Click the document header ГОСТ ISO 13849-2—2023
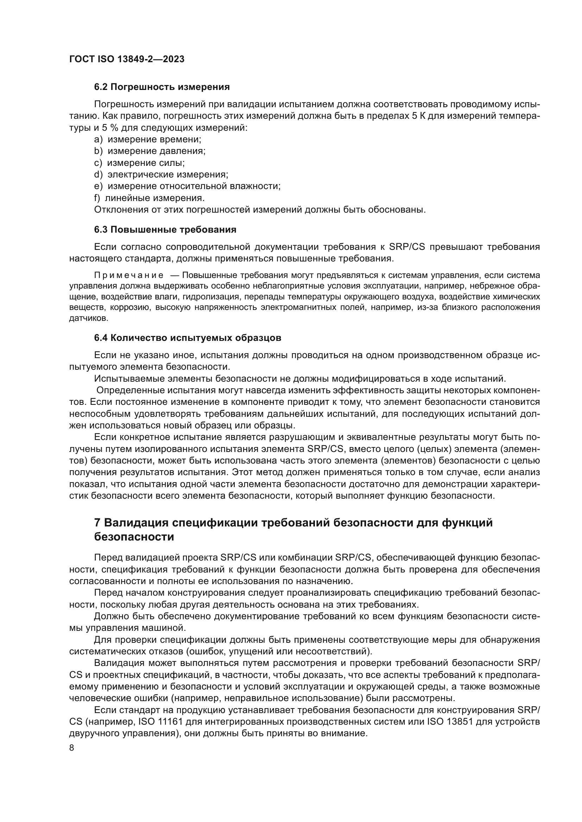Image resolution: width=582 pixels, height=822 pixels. coord(127,59)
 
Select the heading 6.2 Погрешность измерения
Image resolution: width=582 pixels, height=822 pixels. coord(162,87)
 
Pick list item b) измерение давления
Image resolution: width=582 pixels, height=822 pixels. coord(150,151)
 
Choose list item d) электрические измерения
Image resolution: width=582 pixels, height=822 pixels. coord(161,175)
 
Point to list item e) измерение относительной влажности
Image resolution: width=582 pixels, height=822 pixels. coord(187,186)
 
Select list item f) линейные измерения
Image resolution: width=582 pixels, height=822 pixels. coord(150,198)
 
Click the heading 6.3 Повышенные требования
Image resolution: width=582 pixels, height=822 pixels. coord(165,230)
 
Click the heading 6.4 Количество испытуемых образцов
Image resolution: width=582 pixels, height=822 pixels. coord(188,338)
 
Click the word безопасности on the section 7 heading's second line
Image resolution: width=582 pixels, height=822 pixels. coord(134,537)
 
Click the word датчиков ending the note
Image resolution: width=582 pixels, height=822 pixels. coord(88,318)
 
